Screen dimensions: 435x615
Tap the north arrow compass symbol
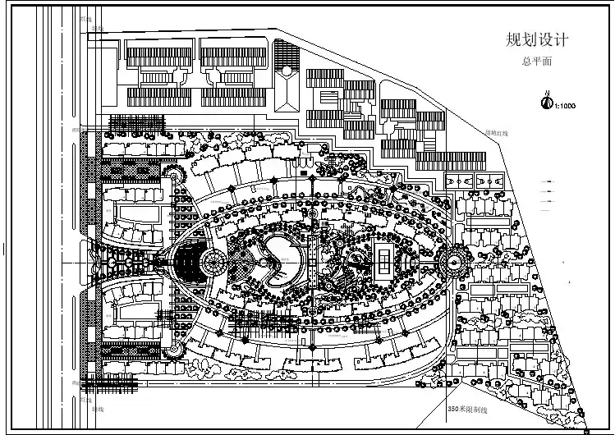click(x=544, y=103)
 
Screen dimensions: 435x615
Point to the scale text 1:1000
click(x=567, y=105)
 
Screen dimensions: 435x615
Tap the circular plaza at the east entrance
click(x=453, y=262)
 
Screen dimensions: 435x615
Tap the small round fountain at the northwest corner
click(x=174, y=173)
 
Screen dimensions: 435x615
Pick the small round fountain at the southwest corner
click(x=174, y=351)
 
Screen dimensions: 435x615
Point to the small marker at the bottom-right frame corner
click(x=586, y=430)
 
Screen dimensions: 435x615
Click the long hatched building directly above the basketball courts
click(x=460, y=161)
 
